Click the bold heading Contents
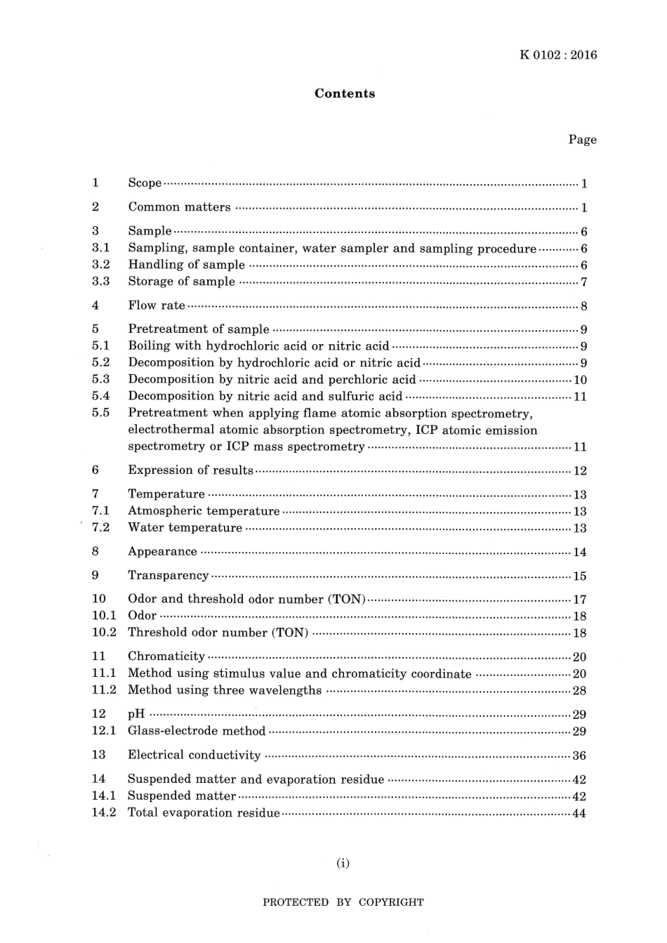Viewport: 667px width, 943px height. tap(344, 93)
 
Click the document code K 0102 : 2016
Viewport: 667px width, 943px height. tap(558, 55)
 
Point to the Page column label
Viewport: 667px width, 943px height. tap(582, 139)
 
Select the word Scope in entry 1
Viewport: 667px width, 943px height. tap(145, 183)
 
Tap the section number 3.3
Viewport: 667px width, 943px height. tap(100, 281)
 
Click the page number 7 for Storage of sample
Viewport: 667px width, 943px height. tap(584, 282)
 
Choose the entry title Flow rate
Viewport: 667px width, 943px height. tap(157, 305)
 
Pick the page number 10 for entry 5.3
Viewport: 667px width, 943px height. tap(580, 380)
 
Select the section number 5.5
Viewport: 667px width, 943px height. tap(100, 413)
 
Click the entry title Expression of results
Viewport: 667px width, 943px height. tap(190, 470)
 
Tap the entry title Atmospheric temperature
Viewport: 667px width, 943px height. tap(204, 510)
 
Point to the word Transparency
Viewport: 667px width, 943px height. tap(168, 575)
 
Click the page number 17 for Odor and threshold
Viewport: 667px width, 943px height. tap(580, 600)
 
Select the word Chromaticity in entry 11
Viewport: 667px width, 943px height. tap(166, 657)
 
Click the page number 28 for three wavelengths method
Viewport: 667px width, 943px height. tap(580, 691)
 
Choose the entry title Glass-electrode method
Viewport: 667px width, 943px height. tap(197, 731)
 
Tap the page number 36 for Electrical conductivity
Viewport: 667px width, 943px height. tap(580, 756)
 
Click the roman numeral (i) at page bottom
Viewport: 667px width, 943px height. tap(343, 863)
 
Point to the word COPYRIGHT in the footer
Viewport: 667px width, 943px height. tap(391, 902)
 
